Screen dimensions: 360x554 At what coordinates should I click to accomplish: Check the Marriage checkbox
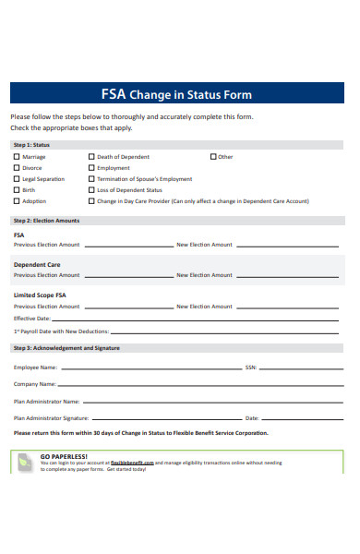(16, 157)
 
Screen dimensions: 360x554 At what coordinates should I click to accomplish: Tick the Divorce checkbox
(16, 168)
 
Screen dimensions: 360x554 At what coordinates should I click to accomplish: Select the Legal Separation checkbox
(16, 179)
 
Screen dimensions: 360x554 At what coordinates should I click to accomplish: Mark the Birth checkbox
(16, 190)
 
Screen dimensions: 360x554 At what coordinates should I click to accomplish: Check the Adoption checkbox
(16, 201)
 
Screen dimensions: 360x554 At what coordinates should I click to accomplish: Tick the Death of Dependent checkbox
(91, 157)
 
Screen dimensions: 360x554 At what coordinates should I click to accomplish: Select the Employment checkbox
(91, 168)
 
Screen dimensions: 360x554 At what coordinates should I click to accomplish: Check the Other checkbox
(213, 157)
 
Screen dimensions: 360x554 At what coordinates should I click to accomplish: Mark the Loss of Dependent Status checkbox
(91, 190)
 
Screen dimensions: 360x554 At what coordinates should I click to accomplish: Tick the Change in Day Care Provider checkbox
(91, 201)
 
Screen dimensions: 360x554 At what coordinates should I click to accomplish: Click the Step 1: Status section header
(31, 145)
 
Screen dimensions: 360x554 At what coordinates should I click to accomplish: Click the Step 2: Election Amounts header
(46, 221)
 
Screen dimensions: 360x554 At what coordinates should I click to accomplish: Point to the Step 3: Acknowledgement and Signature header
(66, 348)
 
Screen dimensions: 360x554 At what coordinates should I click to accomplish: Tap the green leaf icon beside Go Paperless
(26, 462)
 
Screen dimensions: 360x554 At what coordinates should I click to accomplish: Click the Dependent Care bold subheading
(37, 265)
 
